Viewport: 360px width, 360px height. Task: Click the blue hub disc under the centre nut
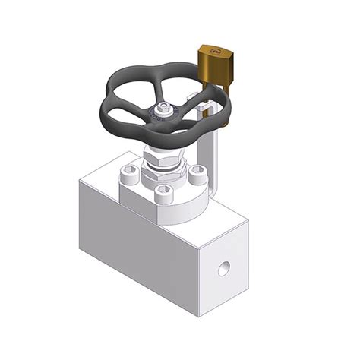[x=162, y=114]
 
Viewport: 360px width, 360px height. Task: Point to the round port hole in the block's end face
[x=223, y=268]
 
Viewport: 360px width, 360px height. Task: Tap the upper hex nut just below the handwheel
[x=163, y=155]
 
